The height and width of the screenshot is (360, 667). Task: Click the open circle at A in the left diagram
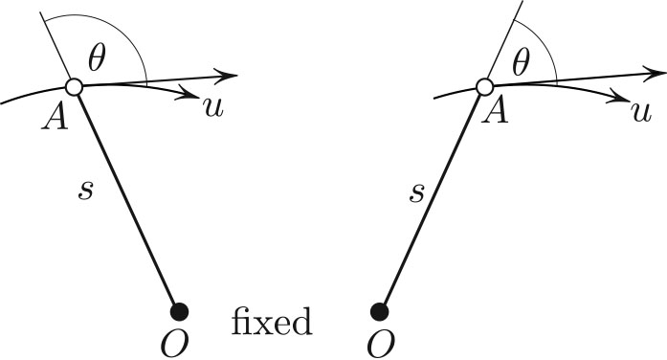click(x=75, y=87)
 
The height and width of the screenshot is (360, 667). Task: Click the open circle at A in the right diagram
click(x=484, y=87)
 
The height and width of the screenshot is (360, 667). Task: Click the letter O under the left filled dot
click(x=179, y=340)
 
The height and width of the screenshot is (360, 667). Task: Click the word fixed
click(x=273, y=321)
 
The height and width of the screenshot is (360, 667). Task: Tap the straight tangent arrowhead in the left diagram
click(x=228, y=75)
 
